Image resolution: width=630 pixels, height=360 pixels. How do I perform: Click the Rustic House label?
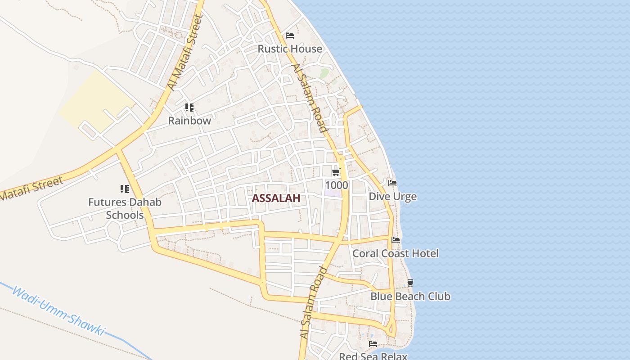[290, 49]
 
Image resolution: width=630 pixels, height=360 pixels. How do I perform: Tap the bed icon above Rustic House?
[290, 35]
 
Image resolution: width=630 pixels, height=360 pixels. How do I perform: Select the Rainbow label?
[189, 121]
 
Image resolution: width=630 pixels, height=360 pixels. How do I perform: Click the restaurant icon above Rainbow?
[189, 108]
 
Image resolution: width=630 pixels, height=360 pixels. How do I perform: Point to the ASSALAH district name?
[276, 198]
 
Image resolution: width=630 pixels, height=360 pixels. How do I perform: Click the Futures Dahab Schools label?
[125, 208]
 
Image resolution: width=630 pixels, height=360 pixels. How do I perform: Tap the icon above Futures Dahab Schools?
[125, 189]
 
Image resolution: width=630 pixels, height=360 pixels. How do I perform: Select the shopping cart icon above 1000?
[336, 172]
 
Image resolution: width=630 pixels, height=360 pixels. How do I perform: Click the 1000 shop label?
[336, 185]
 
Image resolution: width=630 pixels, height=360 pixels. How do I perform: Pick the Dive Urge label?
[392, 197]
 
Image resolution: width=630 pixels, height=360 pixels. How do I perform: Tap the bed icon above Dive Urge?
[392, 183]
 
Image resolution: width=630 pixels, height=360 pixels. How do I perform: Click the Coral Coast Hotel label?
[395, 253]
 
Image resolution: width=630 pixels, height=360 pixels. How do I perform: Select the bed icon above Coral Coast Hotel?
[396, 240]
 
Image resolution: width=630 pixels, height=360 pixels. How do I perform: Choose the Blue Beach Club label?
[410, 297]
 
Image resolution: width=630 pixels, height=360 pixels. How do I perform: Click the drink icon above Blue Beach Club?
[410, 283]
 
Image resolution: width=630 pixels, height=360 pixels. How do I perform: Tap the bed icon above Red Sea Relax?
[373, 344]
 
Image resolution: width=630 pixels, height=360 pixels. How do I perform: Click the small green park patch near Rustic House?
[324, 72]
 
